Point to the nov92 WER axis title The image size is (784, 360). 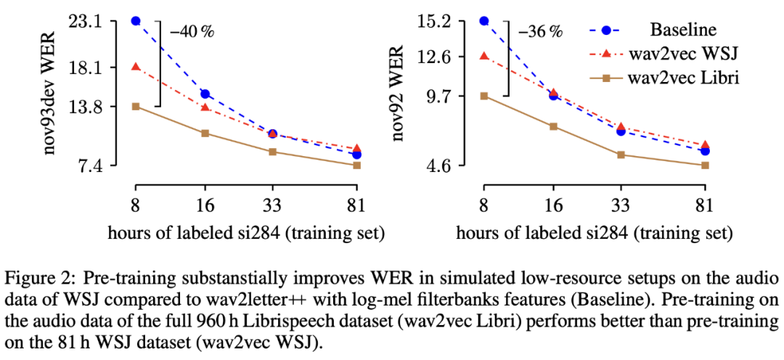[x=400, y=94]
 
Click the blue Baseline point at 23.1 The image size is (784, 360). [x=136, y=21]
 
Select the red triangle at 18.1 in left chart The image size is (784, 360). [x=136, y=67]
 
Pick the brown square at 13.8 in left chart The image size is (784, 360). [x=136, y=106]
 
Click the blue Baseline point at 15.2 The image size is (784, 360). [x=483, y=21]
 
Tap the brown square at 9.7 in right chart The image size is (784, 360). [x=483, y=95]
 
